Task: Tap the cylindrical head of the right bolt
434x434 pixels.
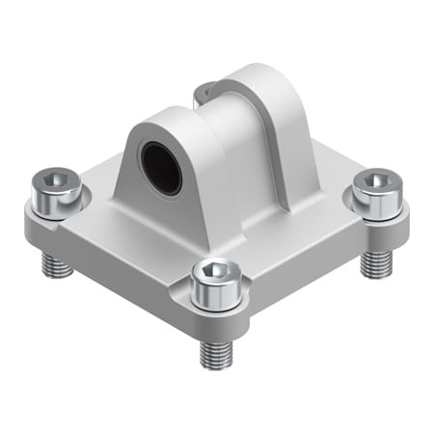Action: click(378, 197)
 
